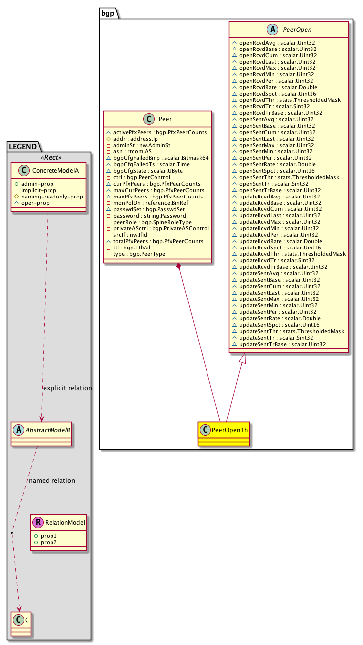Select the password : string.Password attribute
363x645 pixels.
tap(150, 216)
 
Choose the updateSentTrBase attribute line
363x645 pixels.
tap(282, 344)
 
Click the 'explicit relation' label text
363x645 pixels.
tap(67, 388)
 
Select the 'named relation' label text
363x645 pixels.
tap(52, 481)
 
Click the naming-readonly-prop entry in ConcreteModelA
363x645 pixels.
tap(52, 197)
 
